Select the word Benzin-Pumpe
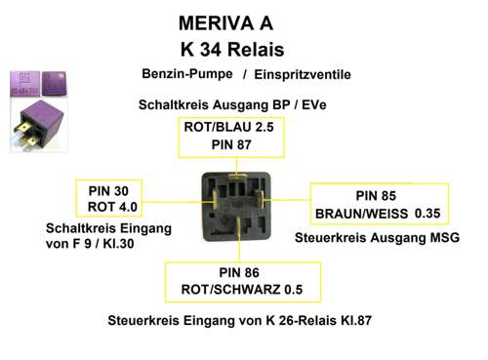tap(186, 73)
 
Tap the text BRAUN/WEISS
tap(360, 214)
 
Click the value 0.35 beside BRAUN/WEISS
tap(427, 213)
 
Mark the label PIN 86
tap(240, 272)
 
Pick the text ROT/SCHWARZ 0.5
tap(240, 290)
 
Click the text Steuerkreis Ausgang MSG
tap(375, 237)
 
